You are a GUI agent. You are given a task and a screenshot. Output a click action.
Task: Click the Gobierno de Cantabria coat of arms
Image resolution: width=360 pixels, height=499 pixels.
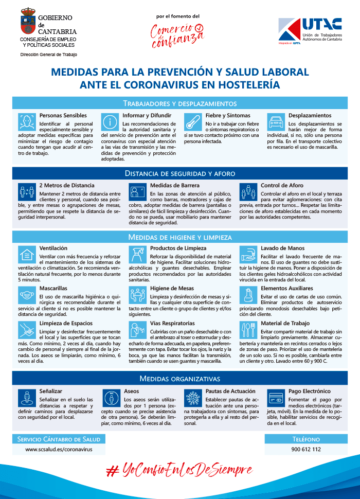click(28, 20)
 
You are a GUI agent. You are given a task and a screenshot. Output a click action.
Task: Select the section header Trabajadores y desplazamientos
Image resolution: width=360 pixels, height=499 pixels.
click(179, 103)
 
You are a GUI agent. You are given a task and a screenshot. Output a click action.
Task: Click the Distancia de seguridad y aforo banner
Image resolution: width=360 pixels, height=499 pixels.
click(179, 173)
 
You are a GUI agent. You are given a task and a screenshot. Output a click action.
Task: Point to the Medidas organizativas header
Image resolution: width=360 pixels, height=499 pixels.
click(179, 379)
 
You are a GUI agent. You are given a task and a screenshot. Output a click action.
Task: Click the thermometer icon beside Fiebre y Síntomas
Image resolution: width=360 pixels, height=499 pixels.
click(192, 122)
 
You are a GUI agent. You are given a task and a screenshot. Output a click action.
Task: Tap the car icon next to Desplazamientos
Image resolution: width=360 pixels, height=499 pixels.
click(276, 122)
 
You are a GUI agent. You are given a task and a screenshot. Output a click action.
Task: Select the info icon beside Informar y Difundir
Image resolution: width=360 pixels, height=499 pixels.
click(110, 122)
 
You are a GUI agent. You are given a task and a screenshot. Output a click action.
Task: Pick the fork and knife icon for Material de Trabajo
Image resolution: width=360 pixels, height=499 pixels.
click(248, 330)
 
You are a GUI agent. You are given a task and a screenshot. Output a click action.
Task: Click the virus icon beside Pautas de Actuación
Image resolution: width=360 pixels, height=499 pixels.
click(193, 398)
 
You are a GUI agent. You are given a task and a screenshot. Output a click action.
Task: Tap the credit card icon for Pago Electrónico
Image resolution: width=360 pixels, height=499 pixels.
click(276, 398)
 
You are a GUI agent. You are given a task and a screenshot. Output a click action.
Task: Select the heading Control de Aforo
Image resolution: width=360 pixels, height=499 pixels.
click(281, 185)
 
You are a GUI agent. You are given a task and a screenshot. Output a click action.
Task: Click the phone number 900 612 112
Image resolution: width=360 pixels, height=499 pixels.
click(305, 449)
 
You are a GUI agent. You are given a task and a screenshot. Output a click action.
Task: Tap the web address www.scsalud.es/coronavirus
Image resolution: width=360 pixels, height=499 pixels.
click(59, 449)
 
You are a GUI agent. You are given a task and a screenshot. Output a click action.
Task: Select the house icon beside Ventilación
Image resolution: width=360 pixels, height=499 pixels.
click(26, 254)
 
